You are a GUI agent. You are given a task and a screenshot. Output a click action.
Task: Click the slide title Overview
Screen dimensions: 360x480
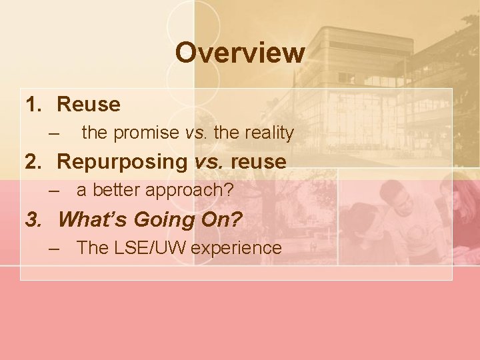[240, 53]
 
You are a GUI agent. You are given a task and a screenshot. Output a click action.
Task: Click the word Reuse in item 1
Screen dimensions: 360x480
[89, 105]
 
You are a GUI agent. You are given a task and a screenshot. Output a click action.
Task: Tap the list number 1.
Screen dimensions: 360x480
[33, 105]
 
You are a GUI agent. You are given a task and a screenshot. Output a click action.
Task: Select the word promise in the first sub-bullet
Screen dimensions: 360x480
[146, 133]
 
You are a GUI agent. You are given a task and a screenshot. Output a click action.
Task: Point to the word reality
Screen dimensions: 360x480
[269, 133]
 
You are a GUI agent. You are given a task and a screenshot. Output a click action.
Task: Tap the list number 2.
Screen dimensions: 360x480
[33, 162]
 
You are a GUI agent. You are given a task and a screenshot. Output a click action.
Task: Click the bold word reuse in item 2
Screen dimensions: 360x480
[261, 162]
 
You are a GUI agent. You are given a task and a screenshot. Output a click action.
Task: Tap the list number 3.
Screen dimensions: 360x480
[33, 219]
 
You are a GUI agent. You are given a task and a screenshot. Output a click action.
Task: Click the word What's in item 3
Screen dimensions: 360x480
[93, 219]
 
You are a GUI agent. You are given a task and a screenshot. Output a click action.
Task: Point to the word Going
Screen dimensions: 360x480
[161, 219]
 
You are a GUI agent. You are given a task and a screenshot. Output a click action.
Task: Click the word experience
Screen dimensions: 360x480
[237, 248]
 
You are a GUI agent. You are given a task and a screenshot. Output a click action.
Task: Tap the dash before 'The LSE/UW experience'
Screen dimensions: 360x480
[55, 248]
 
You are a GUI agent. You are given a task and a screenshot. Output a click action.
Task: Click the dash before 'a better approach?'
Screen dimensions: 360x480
[55, 191]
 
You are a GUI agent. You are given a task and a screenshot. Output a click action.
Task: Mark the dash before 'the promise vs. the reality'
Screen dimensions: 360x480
[55, 133]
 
